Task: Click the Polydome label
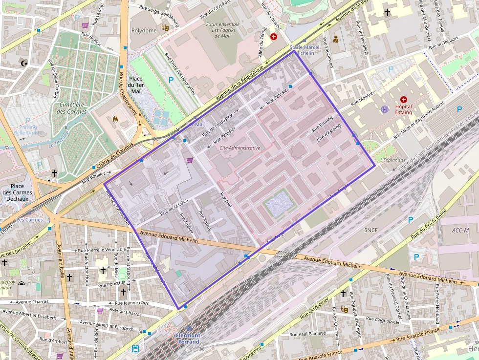pos(144,30)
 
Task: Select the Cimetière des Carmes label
pos(72,108)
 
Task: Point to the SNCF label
pos(371,229)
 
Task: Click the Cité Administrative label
pos(240,148)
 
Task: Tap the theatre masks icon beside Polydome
pos(165,29)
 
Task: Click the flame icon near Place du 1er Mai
pos(115,119)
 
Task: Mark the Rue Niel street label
pos(225,202)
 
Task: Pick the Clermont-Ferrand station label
pos(188,339)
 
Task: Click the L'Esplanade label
pos(393,160)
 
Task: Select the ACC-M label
pos(460,230)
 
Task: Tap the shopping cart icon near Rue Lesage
pos(85,25)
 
